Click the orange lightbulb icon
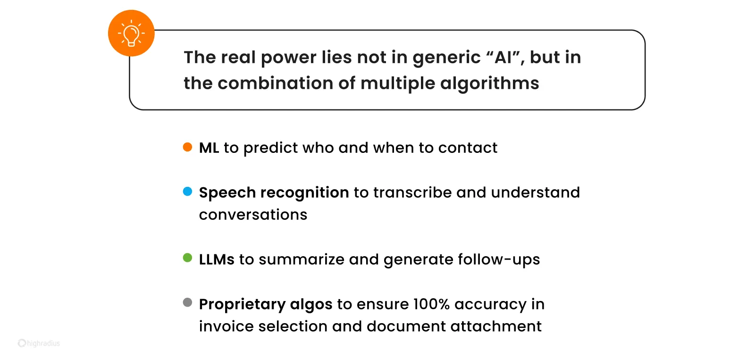(x=131, y=33)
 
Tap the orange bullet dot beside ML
(x=187, y=147)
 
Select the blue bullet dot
(x=187, y=192)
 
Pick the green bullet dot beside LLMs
(x=187, y=258)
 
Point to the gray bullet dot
(x=187, y=303)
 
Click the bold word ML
(x=209, y=148)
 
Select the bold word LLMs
(x=217, y=260)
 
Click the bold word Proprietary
(x=242, y=304)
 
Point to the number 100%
(x=431, y=304)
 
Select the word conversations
(x=253, y=215)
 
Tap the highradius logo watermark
(x=39, y=343)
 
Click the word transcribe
(x=412, y=193)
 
